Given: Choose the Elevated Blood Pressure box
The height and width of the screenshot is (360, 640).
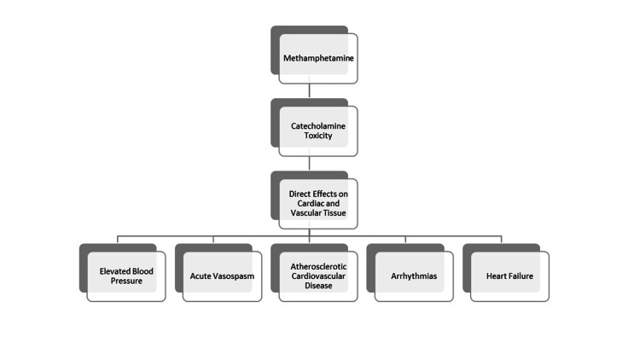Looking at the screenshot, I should tap(126, 276).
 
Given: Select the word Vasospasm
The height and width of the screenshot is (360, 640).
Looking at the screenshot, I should tap(234, 276).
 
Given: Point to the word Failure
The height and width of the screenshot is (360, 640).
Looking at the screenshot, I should tap(521, 276).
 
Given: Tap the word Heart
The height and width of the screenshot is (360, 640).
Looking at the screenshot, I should tap(493, 276).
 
